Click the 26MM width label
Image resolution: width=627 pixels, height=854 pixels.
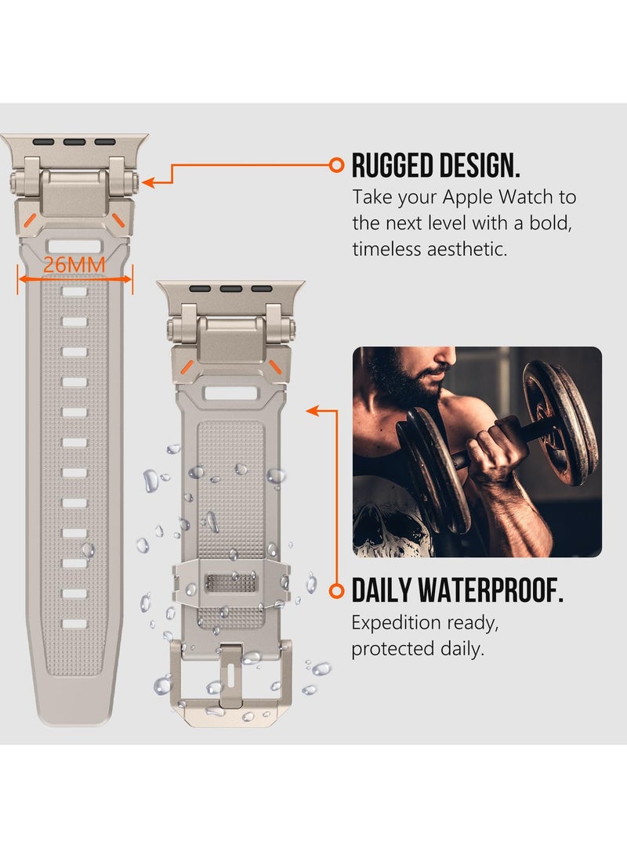(x=74, y=265)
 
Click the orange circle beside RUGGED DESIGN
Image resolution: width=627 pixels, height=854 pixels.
(x=337, y=164)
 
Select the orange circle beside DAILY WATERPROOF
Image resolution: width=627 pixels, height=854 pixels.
(x=337, y=589)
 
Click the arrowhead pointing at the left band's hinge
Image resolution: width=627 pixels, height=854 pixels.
(x=147, y=182)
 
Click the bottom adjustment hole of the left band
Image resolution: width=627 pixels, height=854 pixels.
(x=74, y=624)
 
